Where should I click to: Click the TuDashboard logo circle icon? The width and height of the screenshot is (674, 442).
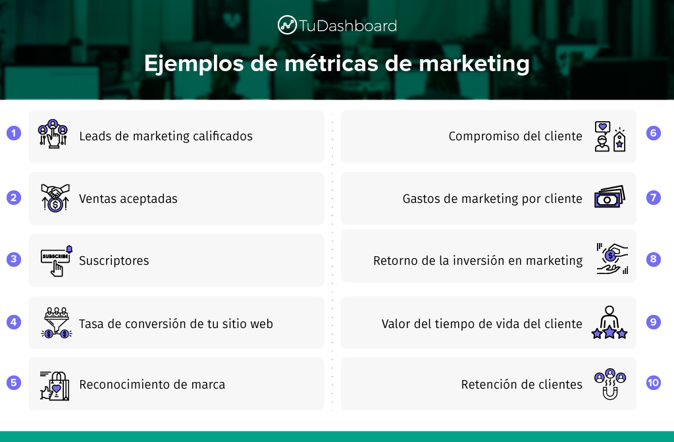coord(287,25)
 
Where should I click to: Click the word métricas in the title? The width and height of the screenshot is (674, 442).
coord(332,63)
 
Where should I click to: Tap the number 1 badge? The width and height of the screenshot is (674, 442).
coord(14,133)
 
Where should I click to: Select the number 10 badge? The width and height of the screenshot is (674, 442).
coord(654,383)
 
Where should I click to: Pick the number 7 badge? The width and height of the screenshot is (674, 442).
coord(654,198)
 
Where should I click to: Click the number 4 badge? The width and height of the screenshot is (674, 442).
coord(14,322)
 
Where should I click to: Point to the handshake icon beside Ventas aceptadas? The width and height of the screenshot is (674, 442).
coord(55,198)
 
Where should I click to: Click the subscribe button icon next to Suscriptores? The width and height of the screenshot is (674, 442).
coord(57,261)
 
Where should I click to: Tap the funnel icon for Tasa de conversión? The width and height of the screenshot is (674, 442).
coord(57,323)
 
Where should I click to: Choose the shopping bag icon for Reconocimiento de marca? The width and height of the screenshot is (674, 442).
coord(55,385)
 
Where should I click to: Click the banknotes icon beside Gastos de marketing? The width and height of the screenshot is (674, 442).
coord(609,197)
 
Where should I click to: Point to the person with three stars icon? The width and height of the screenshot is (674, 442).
coord(609,322)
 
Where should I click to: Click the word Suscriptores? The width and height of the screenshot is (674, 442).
coord(114,261)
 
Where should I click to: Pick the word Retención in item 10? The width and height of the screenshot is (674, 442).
coord(486,384)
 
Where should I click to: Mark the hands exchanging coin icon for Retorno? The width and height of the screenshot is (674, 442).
coord(612,259)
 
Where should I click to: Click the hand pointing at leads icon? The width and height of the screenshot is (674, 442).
coord(53,134)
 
